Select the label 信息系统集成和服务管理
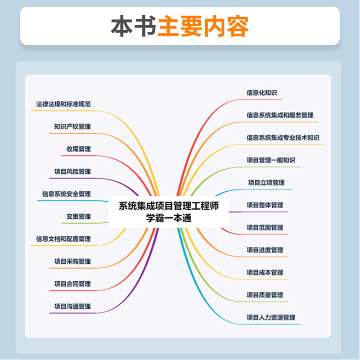click(x=280, y=115)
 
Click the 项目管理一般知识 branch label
click(x=271, y=160)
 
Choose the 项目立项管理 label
click(x=266, y=183)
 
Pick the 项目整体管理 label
click(x=265, y=205)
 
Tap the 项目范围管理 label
click(x=265, y=228)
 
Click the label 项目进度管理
click(x=265, y=250)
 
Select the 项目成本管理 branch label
click(x=265, y=273)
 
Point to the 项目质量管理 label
click(x=265, y=295)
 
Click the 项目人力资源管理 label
click(x=271, y=318)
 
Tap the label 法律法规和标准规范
click(x=63, y=104)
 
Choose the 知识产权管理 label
click(x=72, y=127)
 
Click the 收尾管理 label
click(x=78, y=149)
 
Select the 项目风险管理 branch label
click(x=72, y=172)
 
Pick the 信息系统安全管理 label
click(x=67, y=194)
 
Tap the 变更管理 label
click(x=78, y=217)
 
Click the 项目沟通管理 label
click(x=72, y=307)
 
